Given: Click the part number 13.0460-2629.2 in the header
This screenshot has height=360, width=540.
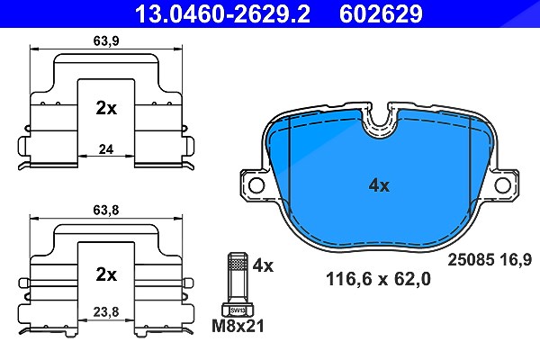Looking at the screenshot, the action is coord(223,13).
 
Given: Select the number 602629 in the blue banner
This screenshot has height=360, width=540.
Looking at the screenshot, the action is coord(381,13).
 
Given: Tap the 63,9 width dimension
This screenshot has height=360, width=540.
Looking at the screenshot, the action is coord(106,41).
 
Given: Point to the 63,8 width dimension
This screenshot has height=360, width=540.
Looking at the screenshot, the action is coord(106,210).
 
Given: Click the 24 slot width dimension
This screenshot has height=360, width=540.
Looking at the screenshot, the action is coord(106,149).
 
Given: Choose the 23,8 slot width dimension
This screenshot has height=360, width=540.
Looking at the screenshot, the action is coord(106,311).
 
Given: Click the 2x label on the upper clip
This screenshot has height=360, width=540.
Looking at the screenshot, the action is coord(106,108).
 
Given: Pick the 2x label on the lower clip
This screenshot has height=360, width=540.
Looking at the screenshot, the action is coord(106,274).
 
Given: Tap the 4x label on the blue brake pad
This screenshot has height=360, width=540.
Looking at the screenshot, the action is coord(379,186).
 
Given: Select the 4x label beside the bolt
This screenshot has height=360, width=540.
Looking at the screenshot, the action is coord(263,265).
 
